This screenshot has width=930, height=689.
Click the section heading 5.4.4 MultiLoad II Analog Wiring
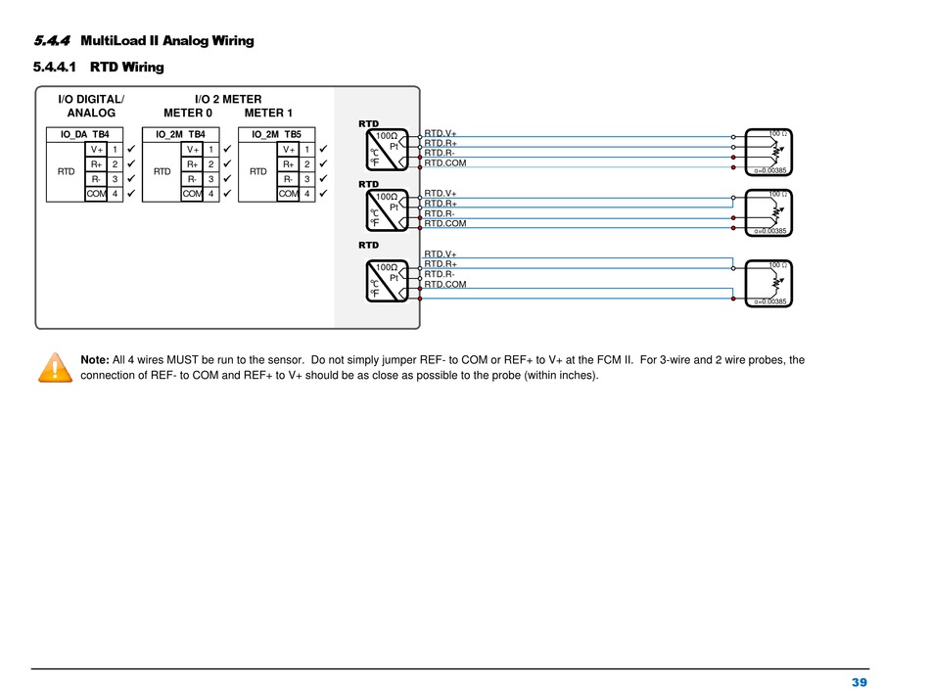[x=144, y=41]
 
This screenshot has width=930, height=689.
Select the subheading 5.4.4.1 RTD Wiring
[x=98, y=68]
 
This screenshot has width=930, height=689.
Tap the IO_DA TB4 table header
[x=85, y=134]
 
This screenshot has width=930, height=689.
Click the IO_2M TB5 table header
[x=276, y=134]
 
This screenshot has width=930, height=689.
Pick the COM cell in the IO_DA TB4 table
[x=96, y=194]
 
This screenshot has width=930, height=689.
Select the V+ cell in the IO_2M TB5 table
[x=288, y=150]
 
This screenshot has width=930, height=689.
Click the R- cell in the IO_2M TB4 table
[x=193, y=179]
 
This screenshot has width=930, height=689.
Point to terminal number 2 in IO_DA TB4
[x=115, y=164]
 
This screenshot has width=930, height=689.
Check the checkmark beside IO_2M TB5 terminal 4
[x=324, y=194]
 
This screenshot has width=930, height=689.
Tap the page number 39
[x=860, y=682]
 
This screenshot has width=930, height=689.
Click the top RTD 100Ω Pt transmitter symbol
[x=388, y=150]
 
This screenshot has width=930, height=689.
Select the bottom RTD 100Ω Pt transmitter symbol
[x=388, y=279]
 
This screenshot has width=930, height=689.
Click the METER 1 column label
[x=268, y=113]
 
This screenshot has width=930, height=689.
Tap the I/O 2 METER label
[x=228, y=99]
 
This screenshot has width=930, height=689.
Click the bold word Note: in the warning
[x=95, y=360]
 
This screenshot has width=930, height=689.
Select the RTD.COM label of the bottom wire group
[x=444, y=285]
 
